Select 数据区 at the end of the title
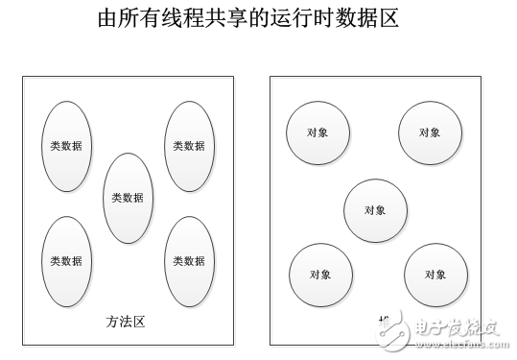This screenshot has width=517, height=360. coord(391,20)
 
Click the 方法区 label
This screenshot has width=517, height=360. coord(124,322)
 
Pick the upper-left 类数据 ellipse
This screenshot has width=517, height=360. coord(66,146)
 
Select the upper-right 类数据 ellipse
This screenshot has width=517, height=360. coord(188,146)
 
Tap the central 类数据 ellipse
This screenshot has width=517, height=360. coord(128,198)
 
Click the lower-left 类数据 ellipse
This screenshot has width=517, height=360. coord(66,260)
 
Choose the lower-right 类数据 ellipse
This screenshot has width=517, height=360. coord(188,260)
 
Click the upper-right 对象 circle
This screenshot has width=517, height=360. coord(429,132)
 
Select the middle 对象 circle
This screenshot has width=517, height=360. coord(375,209)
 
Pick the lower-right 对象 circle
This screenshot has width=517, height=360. coord(435,275)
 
